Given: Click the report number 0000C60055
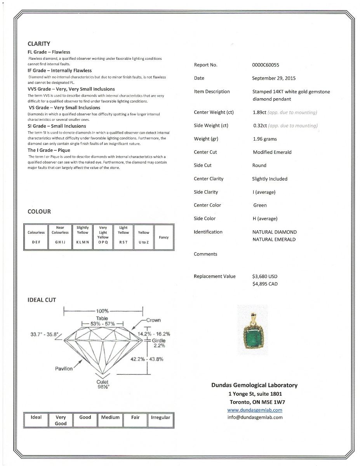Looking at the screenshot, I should (265, 65).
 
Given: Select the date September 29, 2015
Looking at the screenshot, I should (273, 78).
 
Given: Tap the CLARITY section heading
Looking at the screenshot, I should (39, 44).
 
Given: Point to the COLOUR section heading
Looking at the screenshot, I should (39, 212).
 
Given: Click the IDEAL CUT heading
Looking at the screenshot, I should (42, 300).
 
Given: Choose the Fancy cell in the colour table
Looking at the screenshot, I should (163, 237).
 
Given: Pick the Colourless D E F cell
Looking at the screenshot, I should (36, 237).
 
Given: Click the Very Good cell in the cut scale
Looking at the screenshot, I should (61, 420).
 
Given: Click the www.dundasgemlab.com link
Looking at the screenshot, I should (254, 410).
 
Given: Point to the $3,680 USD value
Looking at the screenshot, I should (265, 276).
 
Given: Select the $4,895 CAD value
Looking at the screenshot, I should (265, 284).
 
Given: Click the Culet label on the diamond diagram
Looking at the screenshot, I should (103, 382).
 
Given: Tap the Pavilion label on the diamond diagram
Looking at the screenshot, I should (64, 369).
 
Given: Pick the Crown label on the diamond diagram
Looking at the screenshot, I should (153, 320).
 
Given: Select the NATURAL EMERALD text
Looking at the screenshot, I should (274, 240).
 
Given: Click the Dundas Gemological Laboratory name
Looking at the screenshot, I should (254, 385).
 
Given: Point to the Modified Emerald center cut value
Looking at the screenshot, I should (272, 152).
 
